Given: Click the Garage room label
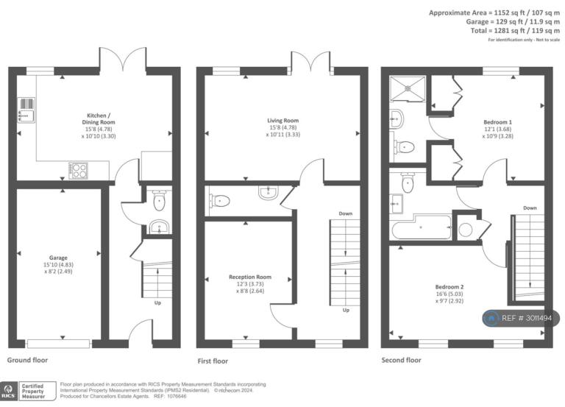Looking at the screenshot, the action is (x=58, y=258).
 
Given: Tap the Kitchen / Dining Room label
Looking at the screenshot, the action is (x=99, y=119).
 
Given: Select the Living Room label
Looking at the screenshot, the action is (x=282, y=121).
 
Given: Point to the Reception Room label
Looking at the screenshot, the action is (x=250, y=277).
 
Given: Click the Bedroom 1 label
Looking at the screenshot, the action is (x=497, y=122).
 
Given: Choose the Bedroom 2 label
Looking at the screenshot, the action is (x=449, y=287).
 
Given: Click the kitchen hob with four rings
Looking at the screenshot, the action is (x=79, y=171).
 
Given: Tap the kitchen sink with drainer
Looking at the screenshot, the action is (x=26, y=110).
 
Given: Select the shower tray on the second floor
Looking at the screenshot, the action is (x=408, y=88).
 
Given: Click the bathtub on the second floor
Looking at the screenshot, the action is (x=422, y=227).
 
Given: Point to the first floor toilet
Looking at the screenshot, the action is (x=220, y=200).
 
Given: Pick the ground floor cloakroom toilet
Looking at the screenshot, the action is (x=159, y=200).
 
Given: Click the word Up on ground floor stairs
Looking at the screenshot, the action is (x=157, y=302).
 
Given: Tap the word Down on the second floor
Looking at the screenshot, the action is (x=530, y=208).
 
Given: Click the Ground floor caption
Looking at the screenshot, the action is (x=27, y=360).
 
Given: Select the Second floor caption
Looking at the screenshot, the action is (x=401, y=360).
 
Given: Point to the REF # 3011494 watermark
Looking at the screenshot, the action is (x=522, y=318).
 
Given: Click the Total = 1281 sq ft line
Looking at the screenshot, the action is (x=515, y=31).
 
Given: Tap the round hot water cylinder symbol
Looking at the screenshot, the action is (x=466, y=230).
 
